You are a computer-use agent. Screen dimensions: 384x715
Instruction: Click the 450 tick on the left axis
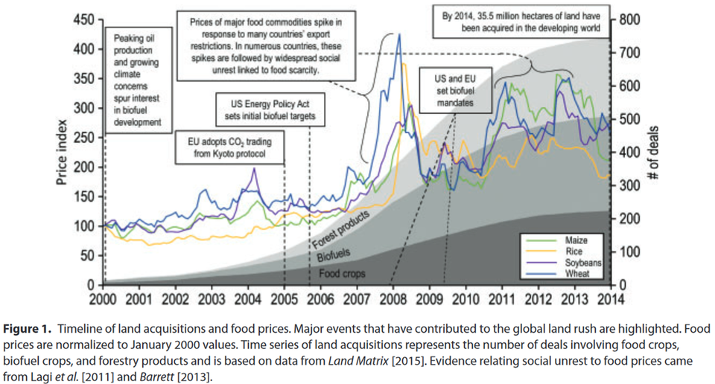pyautogui.click(x=85, y=20)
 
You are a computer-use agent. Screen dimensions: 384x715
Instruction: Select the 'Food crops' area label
pyautogui.click(x=343, y=274)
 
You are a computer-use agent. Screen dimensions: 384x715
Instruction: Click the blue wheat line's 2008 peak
pyautogui.click(x=400, y=34)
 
